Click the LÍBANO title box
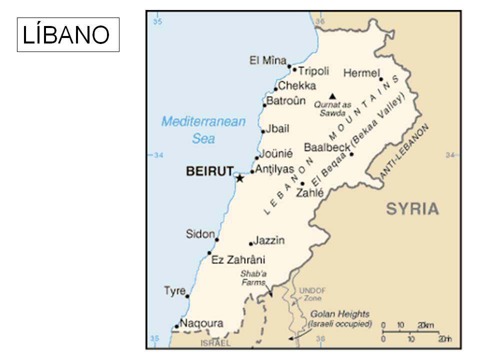(x=68, y=34)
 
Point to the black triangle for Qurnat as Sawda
(x=332, y=95)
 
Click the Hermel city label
(x=361, y=73)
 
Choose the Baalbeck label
(x=327, y=147)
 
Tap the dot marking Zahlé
(x=302, y=183)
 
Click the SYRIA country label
(x=412, y=208)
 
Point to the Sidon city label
(x=200, y=234)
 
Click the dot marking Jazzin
(x=251, y=243)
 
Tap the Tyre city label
(x=174, y=291)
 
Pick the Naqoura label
(x=201, y=323)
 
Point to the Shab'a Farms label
(x=253, y=278)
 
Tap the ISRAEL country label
(x=215, y=343)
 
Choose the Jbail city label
(x=277, y=128)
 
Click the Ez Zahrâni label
(x=238, y=260)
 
